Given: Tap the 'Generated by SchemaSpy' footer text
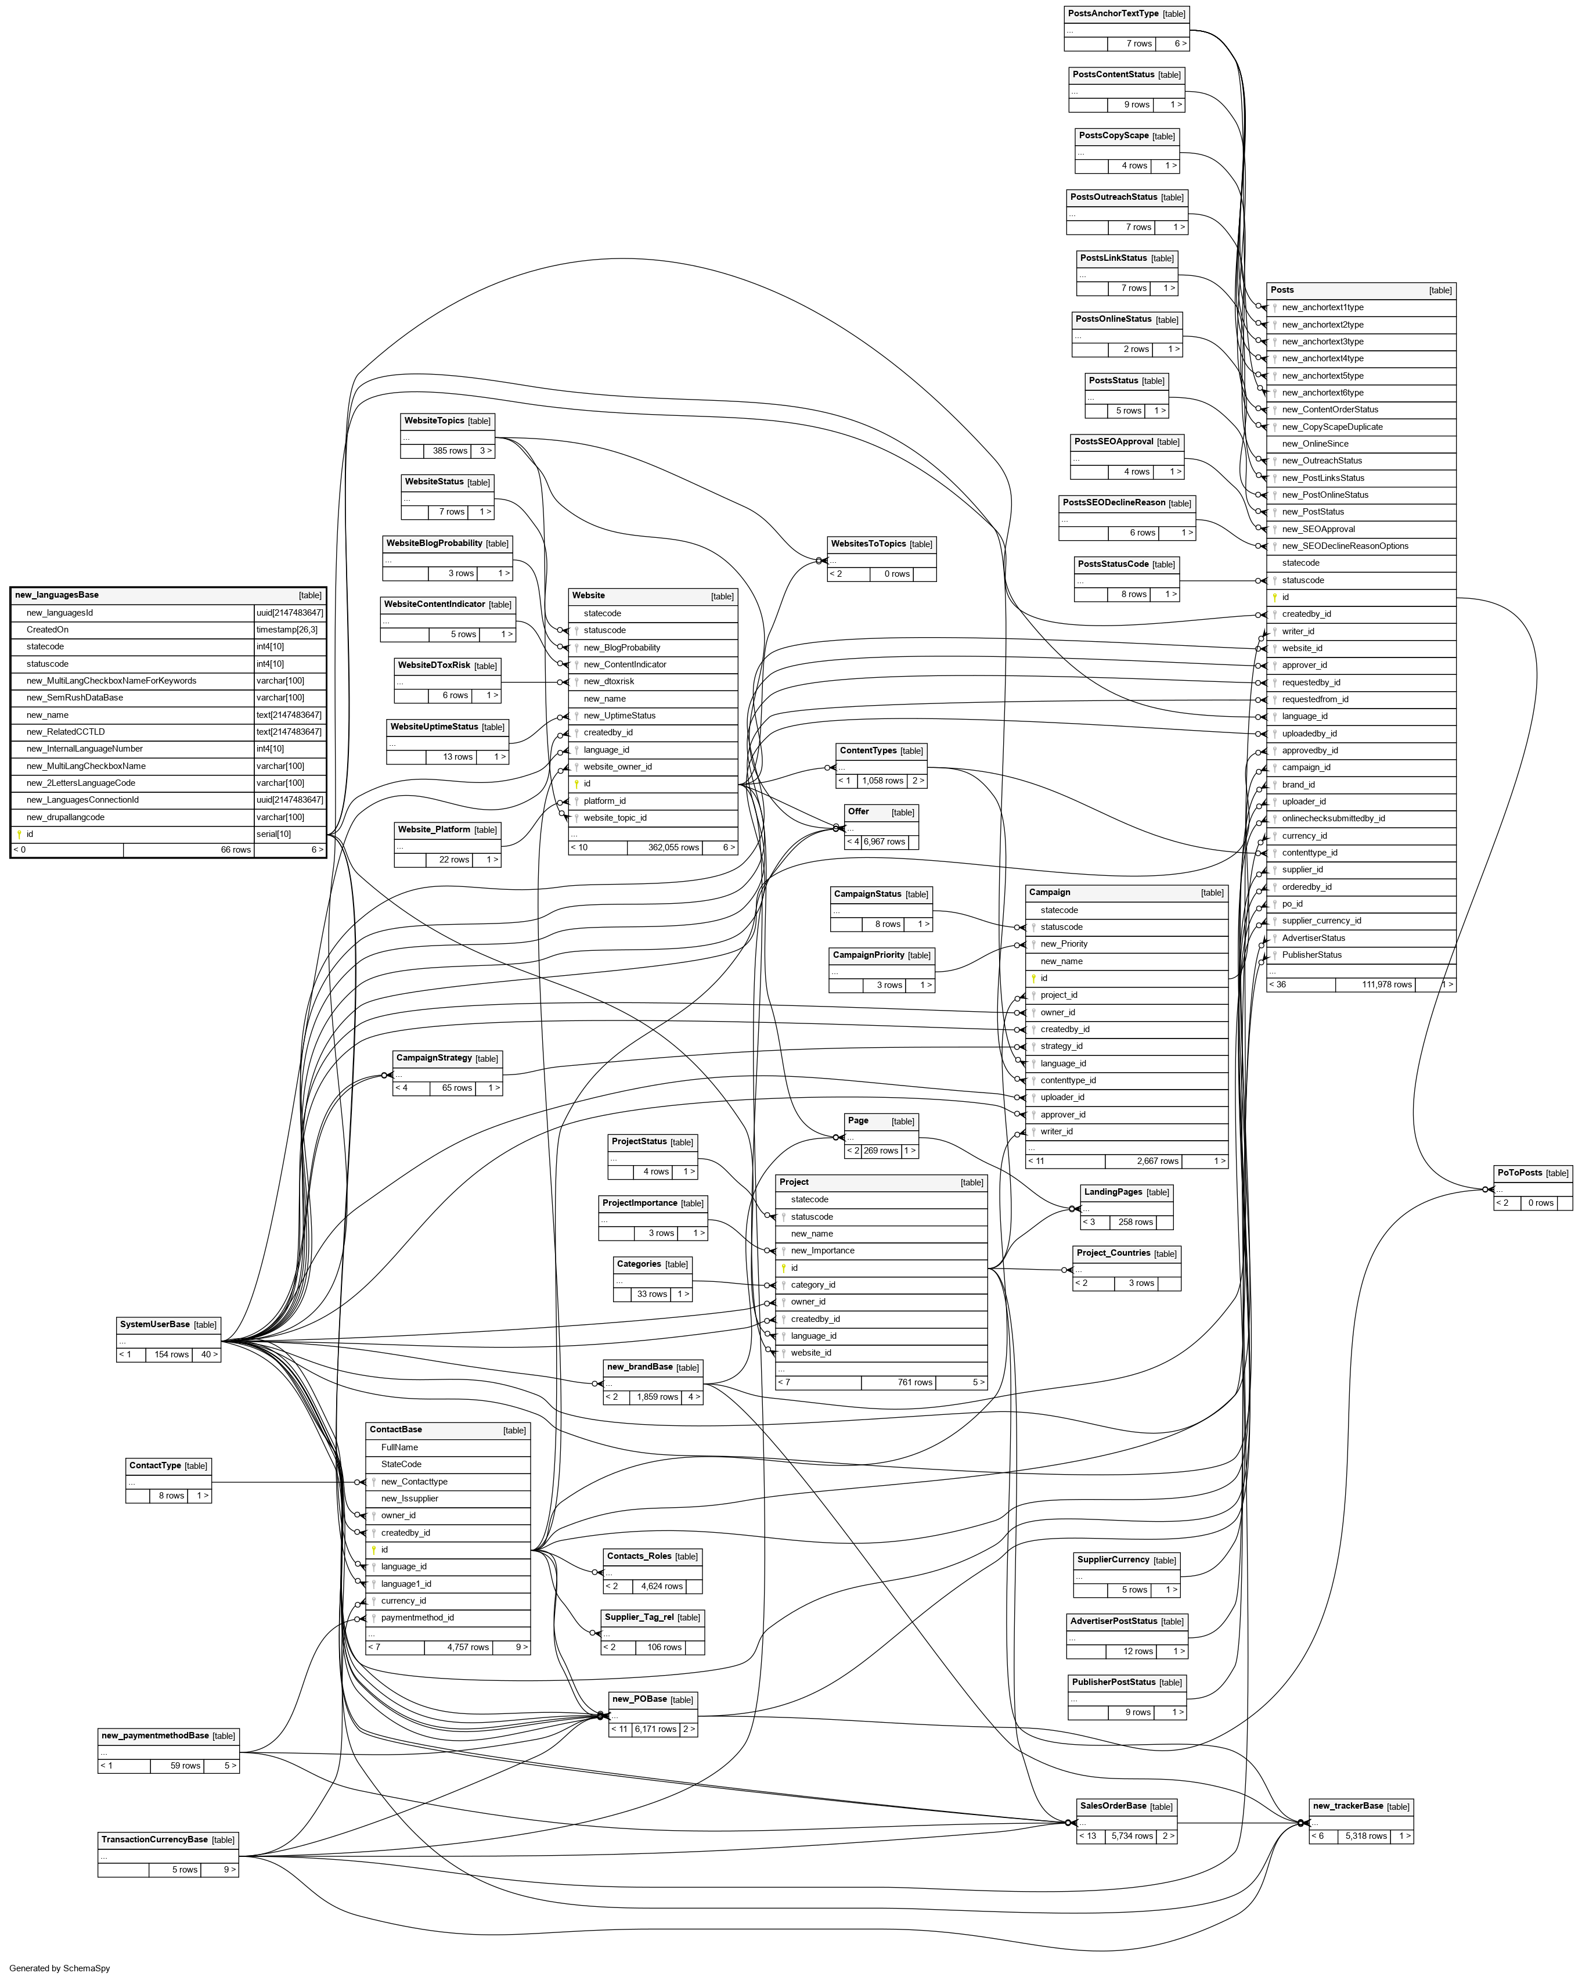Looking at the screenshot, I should pyautogui.click(x=60, y=1968).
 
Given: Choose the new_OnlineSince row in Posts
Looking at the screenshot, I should pyautogui.click(x=1315, y=444).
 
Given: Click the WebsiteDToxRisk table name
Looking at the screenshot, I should pyautogui.click(x=433, y=665).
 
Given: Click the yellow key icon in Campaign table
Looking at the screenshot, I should pyautogui.click(x=1033, y=978).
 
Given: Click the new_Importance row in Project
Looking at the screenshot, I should pyautogui.click(x=823, y=1251).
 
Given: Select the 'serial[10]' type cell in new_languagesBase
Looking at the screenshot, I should pyautogui.click(x=273, y=834).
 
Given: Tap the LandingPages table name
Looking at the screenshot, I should pyautogui.click(x=1113, y=1192).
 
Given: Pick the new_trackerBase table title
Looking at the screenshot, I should pyautogui.click(x=1347, y=1806).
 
